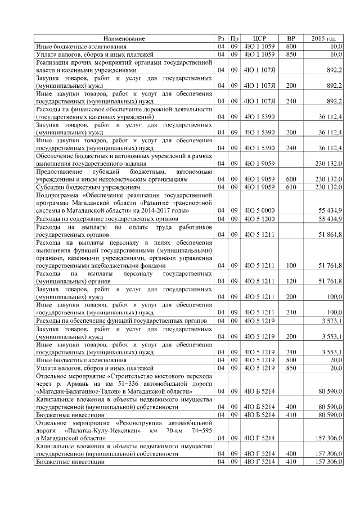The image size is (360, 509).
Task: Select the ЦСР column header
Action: point(259,38)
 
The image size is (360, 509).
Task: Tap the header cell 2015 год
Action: point(325,38)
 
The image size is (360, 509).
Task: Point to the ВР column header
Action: point(291,38)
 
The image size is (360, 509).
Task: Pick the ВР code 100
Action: point(291,265)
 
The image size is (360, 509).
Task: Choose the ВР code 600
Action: point(291,179)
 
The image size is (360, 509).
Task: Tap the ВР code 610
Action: point(291,187)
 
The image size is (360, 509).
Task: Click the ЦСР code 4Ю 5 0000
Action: point(259,210)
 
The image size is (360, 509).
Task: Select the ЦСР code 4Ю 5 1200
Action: point(259,218)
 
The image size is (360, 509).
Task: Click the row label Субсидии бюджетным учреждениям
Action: point(88,187)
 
